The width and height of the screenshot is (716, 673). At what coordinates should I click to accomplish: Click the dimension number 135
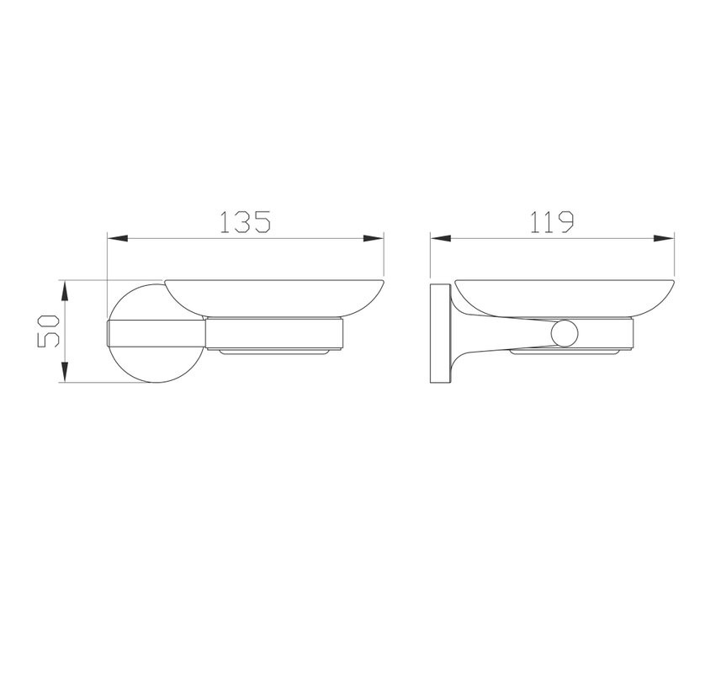click(x=246, y=222)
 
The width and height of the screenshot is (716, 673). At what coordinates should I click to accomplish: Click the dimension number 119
click(x=551, y=222)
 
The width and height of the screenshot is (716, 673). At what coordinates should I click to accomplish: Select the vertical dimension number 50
click(x=49, y=331)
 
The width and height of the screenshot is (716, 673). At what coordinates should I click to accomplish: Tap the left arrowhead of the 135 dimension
click(x=117, y=238)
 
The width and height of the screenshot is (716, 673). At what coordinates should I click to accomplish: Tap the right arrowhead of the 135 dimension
click(x=374, y=238)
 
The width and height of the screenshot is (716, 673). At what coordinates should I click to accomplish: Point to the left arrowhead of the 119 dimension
click(x=441, y=238)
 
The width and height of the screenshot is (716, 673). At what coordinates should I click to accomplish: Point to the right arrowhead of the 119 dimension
click(x=664, y=238)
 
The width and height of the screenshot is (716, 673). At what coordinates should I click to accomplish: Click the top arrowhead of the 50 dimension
click(x=65, y=291)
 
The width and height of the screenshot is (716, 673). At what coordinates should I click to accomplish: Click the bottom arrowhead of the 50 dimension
click(x=65, y=372)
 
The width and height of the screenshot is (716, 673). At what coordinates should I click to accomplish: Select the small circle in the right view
click(x=565, y=333)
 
